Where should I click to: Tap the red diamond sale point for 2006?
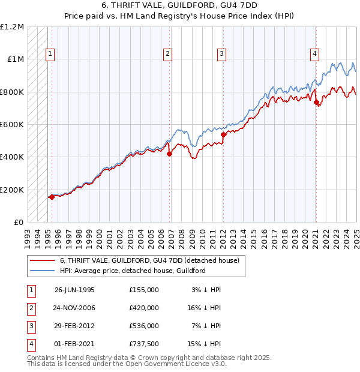pos(169,154)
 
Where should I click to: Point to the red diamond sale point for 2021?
pos(316,102)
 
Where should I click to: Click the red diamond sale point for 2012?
pos(223,135)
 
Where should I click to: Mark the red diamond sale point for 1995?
pos(52,197)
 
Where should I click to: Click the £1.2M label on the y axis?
pos(12,27)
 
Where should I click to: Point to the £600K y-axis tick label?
pos(12,125)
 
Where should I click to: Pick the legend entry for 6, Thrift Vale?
pos(149,260)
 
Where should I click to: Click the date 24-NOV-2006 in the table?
pos(75,308)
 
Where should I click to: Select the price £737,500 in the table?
pos(144,344)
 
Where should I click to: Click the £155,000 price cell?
pos(144,290)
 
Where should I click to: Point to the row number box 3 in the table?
pos(29,326)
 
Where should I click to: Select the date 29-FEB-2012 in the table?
pos(75,326)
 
